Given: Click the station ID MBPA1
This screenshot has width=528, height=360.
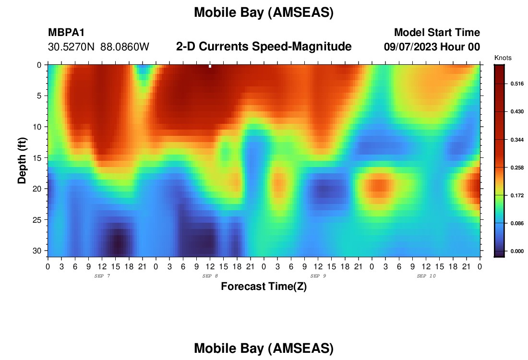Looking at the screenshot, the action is [66, 32].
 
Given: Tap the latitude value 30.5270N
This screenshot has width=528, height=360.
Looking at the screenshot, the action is [71, 47].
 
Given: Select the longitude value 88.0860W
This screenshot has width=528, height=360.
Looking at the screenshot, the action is [125, 47].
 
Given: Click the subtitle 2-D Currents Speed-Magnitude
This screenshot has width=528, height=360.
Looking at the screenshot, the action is [264, 47].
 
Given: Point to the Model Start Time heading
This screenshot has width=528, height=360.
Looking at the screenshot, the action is [437, 32].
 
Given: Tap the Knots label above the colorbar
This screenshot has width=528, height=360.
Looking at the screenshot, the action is [503, 58].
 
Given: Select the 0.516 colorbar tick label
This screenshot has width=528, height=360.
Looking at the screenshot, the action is [517, 84].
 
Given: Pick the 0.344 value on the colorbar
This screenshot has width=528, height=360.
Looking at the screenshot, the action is [517, 139].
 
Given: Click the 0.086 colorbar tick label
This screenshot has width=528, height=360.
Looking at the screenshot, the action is [517, 223].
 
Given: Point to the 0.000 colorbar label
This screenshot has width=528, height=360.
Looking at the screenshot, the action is [517, 251].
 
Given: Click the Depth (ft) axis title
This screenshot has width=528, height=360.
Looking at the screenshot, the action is [22, 161].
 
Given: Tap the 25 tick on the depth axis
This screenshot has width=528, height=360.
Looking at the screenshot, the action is [37, 220].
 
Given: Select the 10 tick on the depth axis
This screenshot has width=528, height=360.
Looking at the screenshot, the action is [37, 127].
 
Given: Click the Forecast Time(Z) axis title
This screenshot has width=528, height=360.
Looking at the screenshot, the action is [264, 287].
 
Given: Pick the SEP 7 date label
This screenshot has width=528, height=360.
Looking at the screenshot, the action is [102, 276].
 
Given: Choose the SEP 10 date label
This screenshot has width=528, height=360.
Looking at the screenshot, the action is [426, 276].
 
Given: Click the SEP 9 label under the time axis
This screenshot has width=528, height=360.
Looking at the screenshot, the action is [318, 276].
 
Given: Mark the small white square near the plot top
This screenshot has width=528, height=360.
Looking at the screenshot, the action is [210, 66].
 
